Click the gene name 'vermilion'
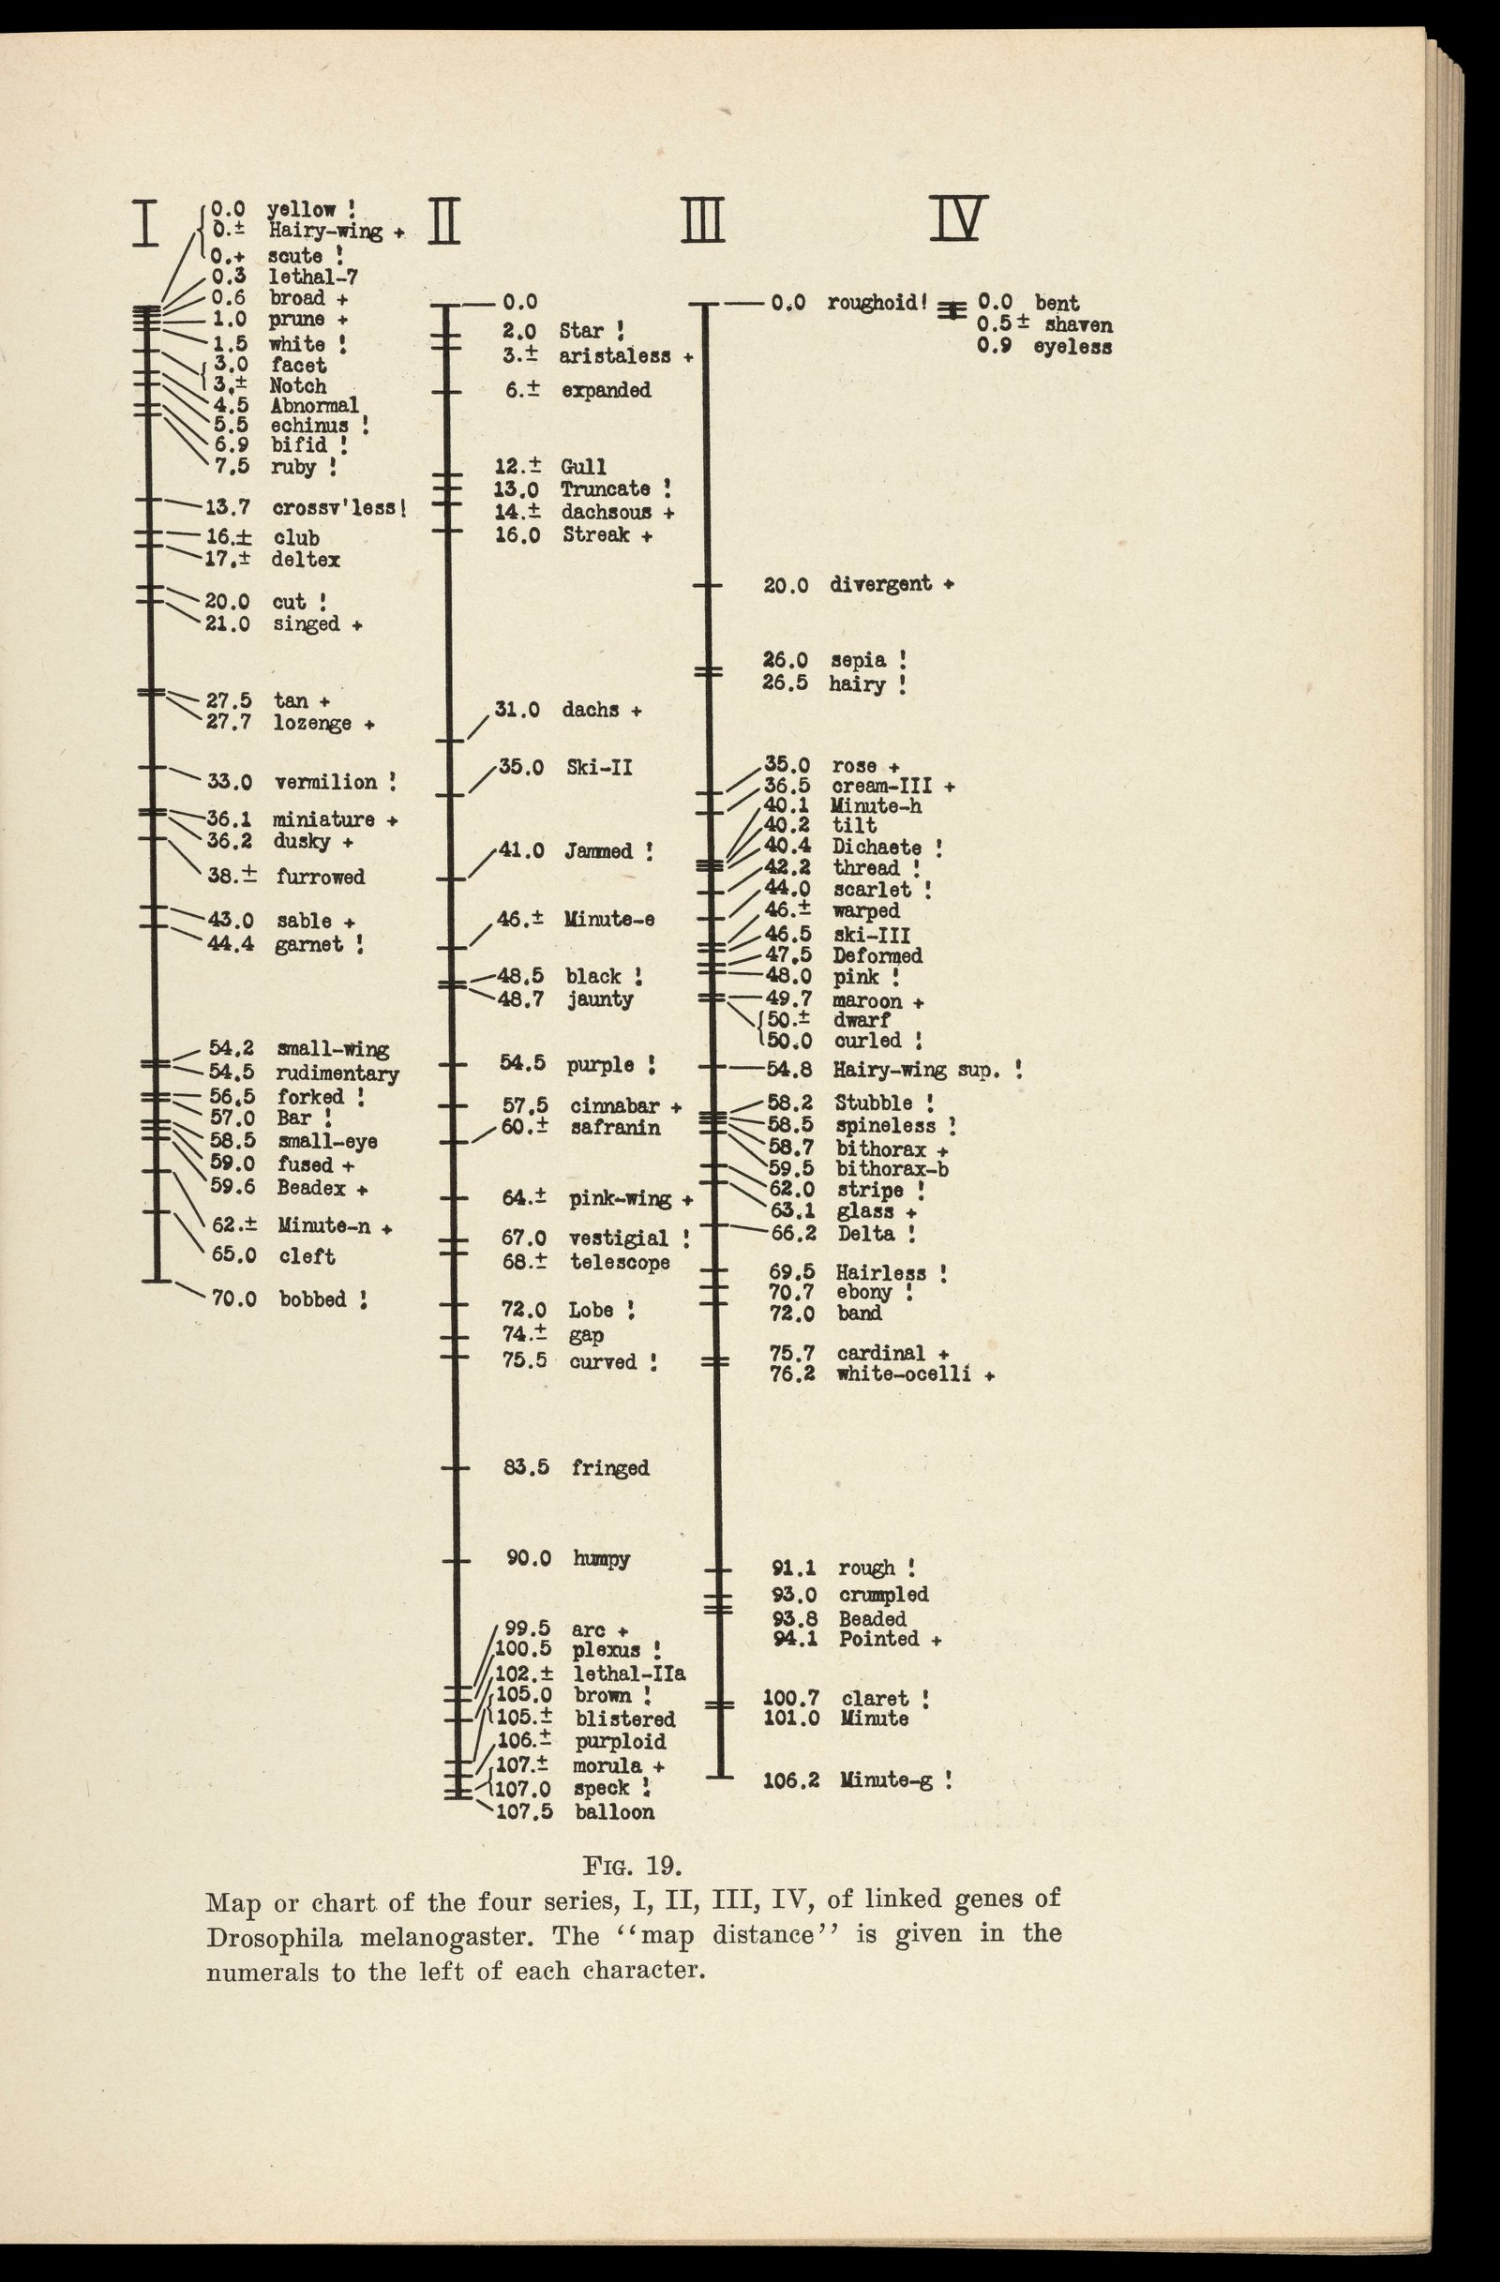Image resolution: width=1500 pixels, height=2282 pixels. click(326, 783)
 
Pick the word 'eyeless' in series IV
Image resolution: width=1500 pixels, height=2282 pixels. click(1072, 347)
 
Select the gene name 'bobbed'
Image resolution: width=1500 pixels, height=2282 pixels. click(312, 1299)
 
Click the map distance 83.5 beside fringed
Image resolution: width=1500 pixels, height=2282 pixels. click(526, 1467)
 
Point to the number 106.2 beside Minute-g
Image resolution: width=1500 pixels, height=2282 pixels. click(790, 1780)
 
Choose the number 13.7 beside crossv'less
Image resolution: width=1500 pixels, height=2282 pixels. click(228, 506)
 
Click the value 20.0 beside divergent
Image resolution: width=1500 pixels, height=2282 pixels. click(786, 585)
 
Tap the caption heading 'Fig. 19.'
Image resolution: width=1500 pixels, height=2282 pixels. click(633, 1867)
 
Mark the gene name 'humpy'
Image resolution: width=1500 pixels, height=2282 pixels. click(601, 1558)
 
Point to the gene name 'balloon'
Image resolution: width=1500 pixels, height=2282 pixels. click(614, 1811)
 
